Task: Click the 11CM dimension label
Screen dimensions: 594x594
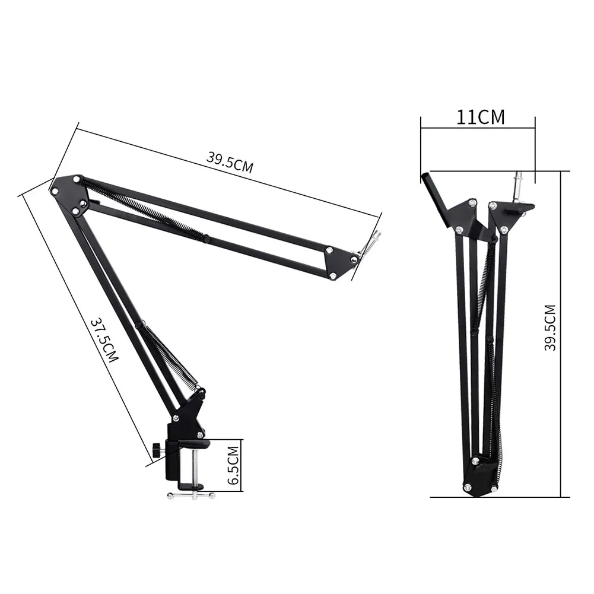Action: [480, 117]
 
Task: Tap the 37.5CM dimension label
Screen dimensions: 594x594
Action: [104, 340]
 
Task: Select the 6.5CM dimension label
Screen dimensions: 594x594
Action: [233, 466]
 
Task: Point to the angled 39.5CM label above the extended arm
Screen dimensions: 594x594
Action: [230, 162]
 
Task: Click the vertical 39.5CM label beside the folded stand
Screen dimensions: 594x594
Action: [549, 328]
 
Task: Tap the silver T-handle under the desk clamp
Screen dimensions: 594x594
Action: [191, 494]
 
